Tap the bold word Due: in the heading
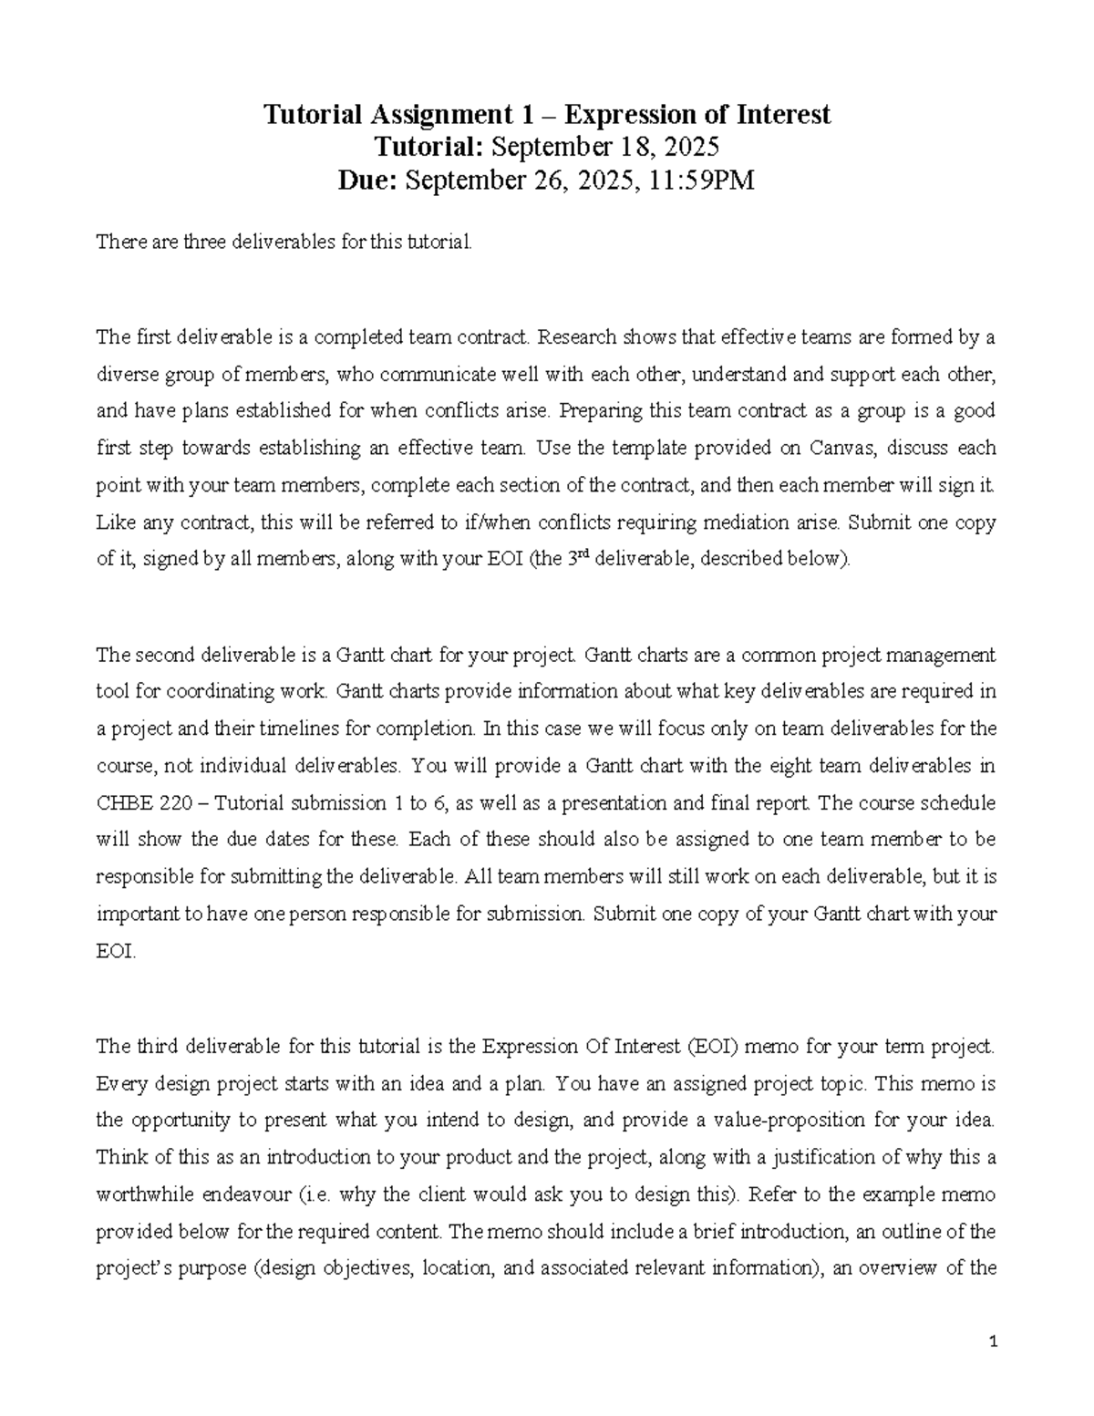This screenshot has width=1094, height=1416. click(367, 181)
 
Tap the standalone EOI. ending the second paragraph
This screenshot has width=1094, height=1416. click(116, 951)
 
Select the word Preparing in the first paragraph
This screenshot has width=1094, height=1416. click(600, 410)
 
